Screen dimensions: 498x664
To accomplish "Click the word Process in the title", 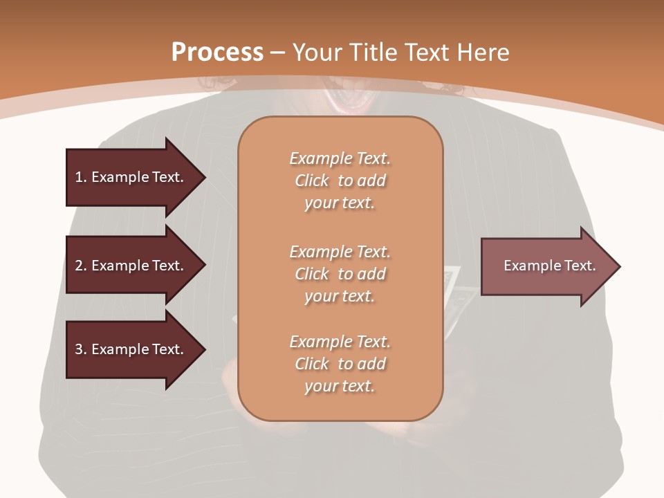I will pyautogui.click(x=217, y=53).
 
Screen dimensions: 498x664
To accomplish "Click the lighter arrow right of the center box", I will pyautogui.click(x=546, y=266).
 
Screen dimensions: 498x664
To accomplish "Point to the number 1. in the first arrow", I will pyautogui.click(x=81, y=177).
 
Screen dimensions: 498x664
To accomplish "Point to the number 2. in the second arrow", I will pyautogui.click(x=81, y=266).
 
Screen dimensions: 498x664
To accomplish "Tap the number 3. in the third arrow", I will pyautogui.click(x=81, y=349).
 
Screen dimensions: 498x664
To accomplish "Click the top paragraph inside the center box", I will pyautogui.click(x=340, y=181).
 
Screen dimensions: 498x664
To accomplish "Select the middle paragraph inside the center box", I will pyautogui.click(x=340, y=274).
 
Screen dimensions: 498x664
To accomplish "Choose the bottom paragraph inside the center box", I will pyautogui.click(x=340, y=364).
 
